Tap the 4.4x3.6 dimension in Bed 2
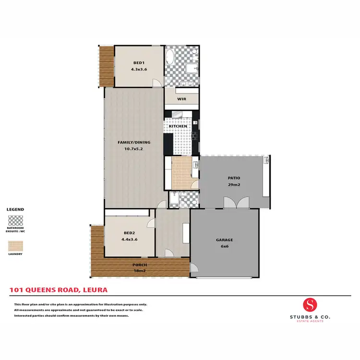pos(130,239)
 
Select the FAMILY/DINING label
pos(134,143)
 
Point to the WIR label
pos(181,99)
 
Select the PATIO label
pos(234,178)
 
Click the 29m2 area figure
pos(234,184)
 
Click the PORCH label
pos(140,265)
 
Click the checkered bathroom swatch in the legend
pos(15,220)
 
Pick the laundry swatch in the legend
pos(15,246)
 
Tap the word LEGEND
pos(15,210)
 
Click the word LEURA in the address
pos(96,290)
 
